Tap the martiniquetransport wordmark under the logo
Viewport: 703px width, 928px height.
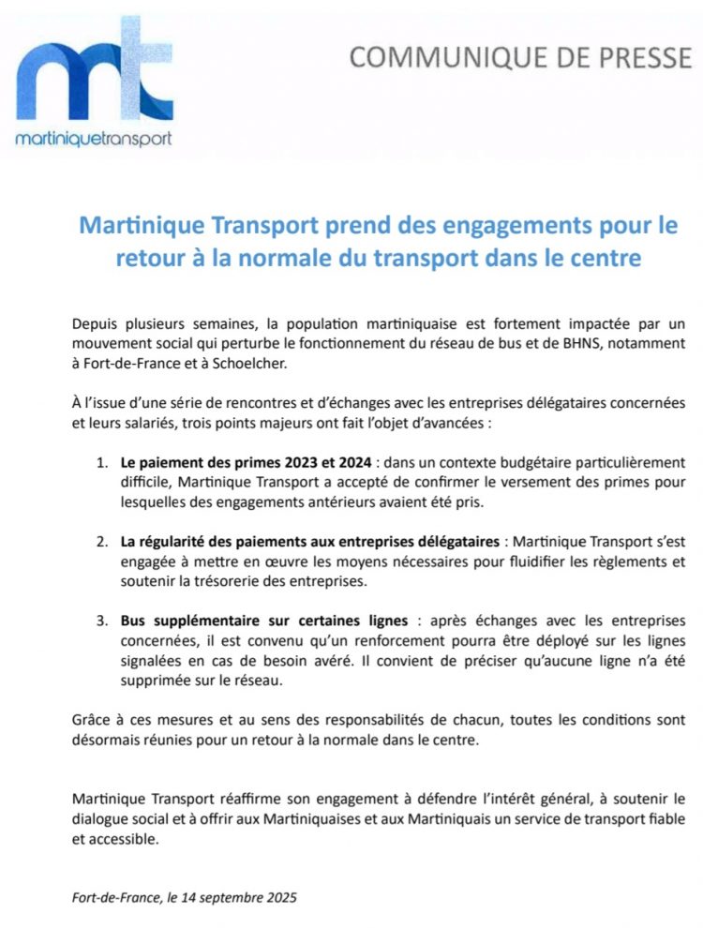(x=94, y=139)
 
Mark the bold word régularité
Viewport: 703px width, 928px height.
(x=177, y=543)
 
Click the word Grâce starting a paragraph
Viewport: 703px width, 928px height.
(x=92, y=721)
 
